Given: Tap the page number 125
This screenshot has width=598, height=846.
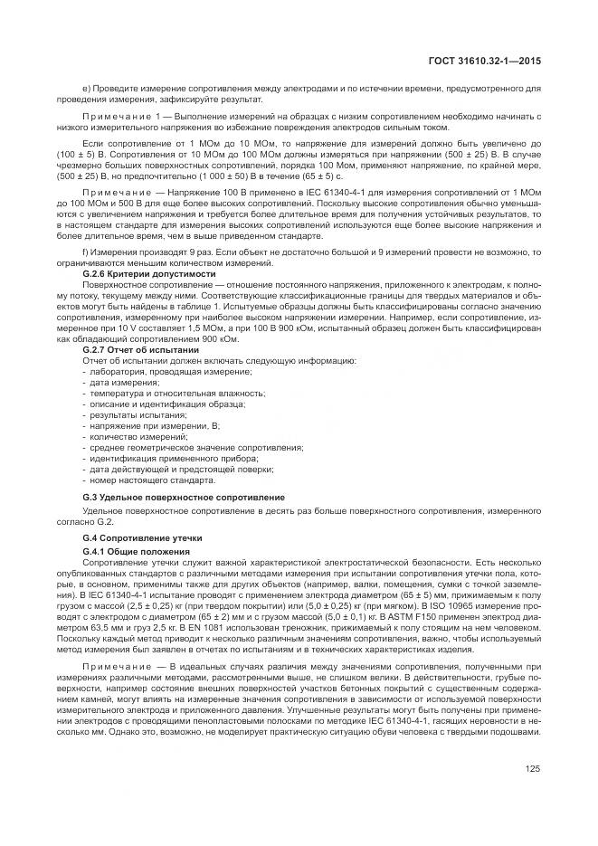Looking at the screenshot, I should point(532,769).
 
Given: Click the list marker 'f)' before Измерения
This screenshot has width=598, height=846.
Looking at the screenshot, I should point(85,253).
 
